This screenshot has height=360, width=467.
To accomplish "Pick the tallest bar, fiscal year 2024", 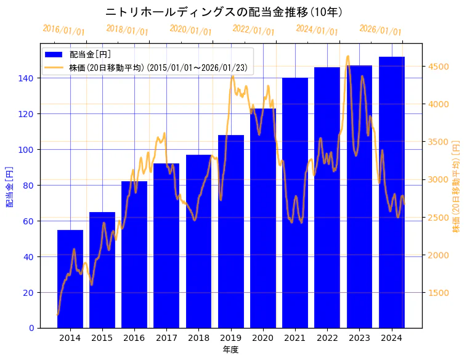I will [392, 192].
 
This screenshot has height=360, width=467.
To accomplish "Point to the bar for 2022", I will [327, 197].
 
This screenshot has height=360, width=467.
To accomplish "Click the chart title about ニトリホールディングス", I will [224, 12].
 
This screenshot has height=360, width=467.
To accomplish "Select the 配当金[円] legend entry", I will [90, 55].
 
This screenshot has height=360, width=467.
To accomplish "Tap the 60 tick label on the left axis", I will [30, 221].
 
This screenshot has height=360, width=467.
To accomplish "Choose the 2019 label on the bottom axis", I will [231, 338].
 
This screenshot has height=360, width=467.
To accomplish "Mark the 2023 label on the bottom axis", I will [360, 338].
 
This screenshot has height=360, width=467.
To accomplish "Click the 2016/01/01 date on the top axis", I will [63, 30].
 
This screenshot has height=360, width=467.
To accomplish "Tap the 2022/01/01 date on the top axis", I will [253, 30].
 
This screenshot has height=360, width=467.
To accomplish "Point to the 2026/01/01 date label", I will [380, 30].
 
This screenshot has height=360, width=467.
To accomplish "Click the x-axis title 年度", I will [231, 350].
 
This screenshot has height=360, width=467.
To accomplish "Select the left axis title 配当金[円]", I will [9, 187].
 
